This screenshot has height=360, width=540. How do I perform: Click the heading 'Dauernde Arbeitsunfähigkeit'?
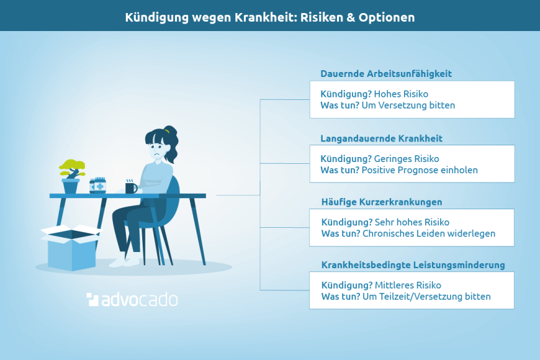(386, 74)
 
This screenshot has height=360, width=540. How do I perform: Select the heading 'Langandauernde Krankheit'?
(381, 138)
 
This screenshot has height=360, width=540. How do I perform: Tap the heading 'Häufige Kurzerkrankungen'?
(382, 202)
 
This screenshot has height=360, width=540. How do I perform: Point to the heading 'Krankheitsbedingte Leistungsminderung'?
(413, 265)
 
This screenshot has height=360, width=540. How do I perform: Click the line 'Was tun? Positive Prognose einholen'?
(399, 170)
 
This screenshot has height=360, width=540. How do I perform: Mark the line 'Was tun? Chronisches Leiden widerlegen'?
(408, 234)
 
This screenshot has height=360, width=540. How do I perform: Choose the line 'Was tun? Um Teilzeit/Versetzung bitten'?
(406, 297)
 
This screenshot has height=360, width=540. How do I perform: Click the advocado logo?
(132, 300)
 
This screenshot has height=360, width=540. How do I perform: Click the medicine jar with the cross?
(97, 186)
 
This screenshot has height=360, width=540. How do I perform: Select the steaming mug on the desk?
(131, 187)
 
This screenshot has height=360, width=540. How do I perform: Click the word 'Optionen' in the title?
(389, 17)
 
